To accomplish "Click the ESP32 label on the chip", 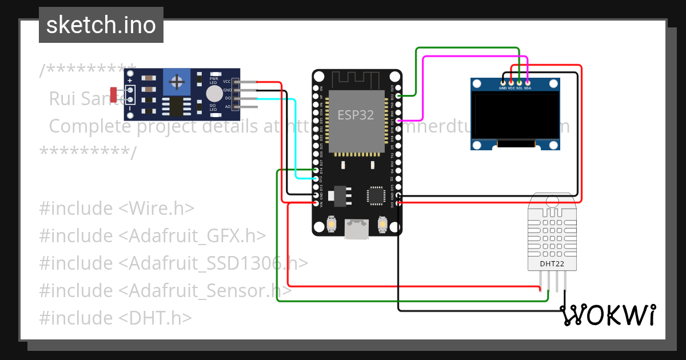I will point(356,115).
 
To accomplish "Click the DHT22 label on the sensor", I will point(551,263).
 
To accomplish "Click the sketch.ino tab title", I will point(101,25).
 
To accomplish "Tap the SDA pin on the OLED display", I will point(528,83).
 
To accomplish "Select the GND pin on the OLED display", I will point(502,83).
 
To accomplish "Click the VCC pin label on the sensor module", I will point(227,82).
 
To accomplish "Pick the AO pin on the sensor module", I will point(228,106).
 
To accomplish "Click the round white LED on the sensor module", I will point(214,94).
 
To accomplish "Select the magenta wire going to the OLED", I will point(422,86).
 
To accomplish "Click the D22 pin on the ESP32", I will point(398,95).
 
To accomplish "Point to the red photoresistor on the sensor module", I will point(114,94).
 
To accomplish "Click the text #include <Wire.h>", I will point(117,209).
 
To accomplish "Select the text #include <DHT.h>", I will point(115,318).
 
